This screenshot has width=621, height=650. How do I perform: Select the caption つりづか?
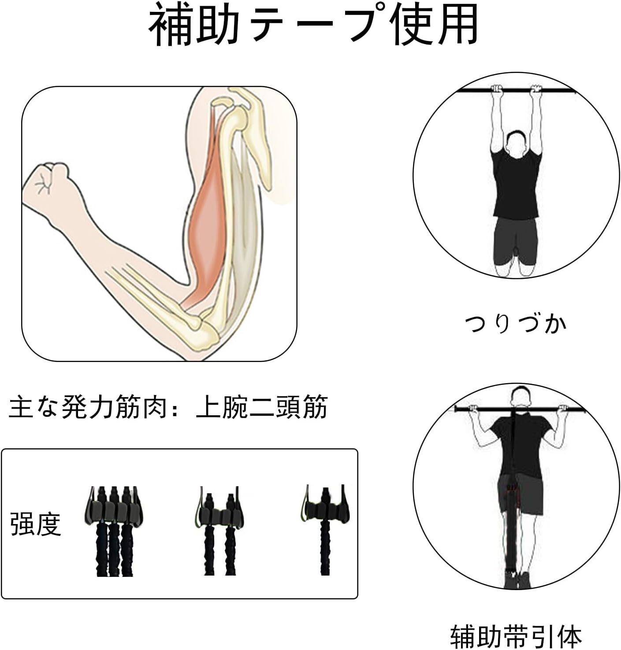coord(515,324)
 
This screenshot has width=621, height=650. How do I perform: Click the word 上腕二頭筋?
coord(262,407)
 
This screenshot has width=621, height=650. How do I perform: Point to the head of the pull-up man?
coord(521,397)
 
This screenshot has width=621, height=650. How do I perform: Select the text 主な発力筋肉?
coord(87,407)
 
